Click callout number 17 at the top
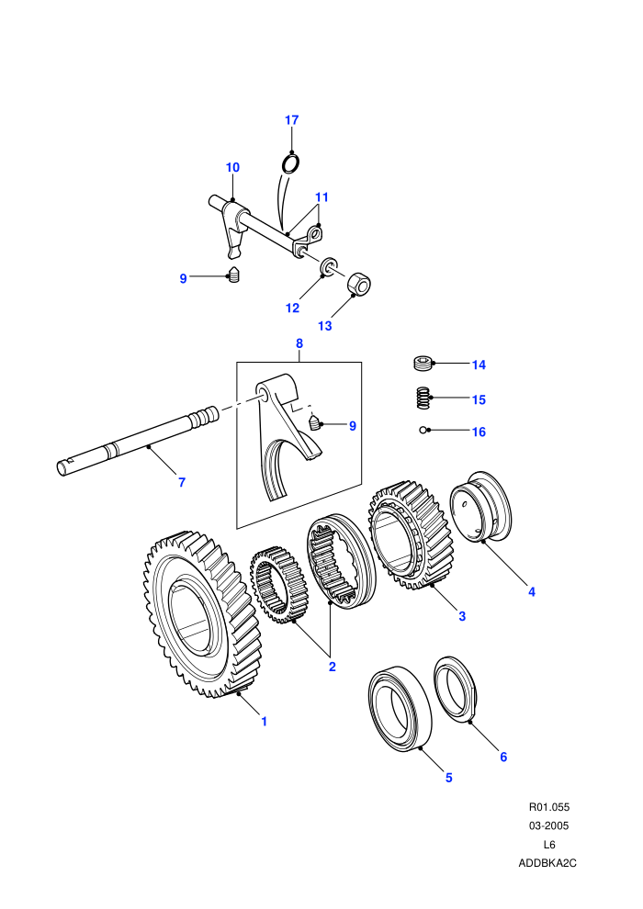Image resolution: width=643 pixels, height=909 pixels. pos(291,120)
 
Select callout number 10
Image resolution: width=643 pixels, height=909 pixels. pos(232,167)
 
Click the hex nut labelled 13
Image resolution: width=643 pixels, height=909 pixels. pos(359,284)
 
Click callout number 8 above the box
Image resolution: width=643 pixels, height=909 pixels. pos(299,343)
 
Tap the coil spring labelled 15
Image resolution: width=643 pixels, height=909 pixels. pos(423,398)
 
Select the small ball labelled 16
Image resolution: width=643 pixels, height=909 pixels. pos(423,430)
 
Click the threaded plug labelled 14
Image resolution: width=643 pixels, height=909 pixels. pos(423,365)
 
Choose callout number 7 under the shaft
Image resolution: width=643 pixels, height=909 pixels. pos(182,482)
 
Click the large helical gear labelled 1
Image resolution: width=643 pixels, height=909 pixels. pos(202,613)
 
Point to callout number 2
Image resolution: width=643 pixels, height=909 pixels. pos(333,667)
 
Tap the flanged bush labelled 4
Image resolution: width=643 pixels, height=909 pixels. pos(481,507)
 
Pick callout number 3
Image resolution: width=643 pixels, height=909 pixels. pos(462,616)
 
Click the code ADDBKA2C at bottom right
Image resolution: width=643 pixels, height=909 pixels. pos(547,863)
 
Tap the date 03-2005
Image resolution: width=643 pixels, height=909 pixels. pos(548,825)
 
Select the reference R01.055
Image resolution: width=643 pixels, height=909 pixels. pos(549,807)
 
